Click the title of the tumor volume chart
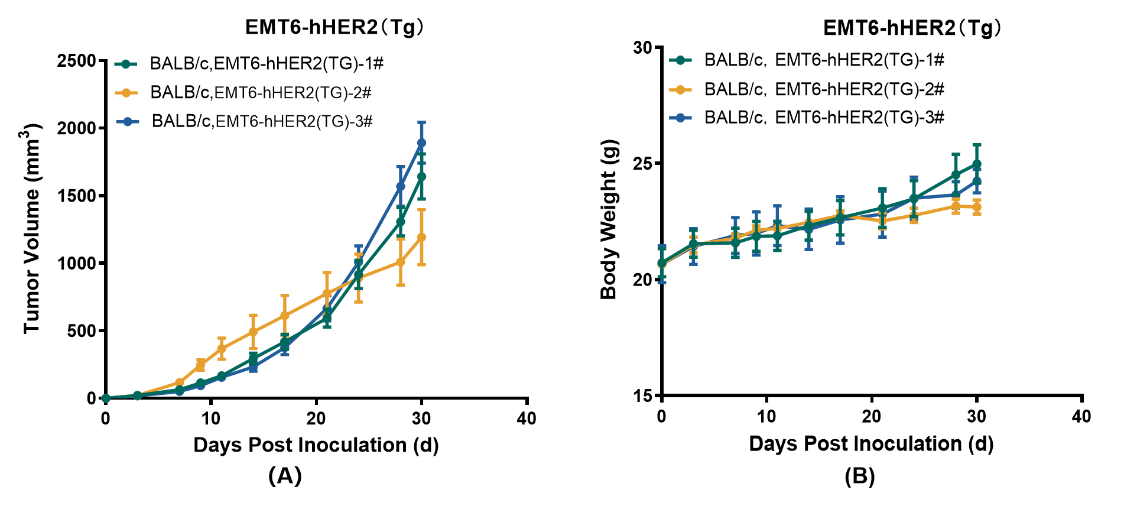click(x=334, y=27)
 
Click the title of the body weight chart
click(x=912, y=27)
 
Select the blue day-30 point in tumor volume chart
click(x=421, y=143)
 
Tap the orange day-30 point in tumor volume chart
click(x=421, y=237)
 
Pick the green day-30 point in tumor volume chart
click(x=421, y=176)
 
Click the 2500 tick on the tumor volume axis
click(x=76, y=61)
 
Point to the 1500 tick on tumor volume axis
click(x=76, y=196)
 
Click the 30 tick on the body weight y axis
click(x=642, y=48)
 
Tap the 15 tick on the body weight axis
click(x=642, y=395)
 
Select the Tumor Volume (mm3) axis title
click(x=33, y=229)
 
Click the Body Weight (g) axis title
click(x=609, y=219)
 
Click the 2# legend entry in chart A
click(x=261, y=92)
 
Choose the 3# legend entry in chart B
click(x=824, y=118)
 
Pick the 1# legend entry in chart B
click(x=824, y=60)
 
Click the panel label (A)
click(x=285, y=475)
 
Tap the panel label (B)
click(x=859, y=476)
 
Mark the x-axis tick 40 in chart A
click(x=526, y=419)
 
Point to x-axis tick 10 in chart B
click(x=766, y=416)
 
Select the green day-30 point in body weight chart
click(x=977, y=164)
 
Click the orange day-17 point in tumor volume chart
click(x=284, y=316)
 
